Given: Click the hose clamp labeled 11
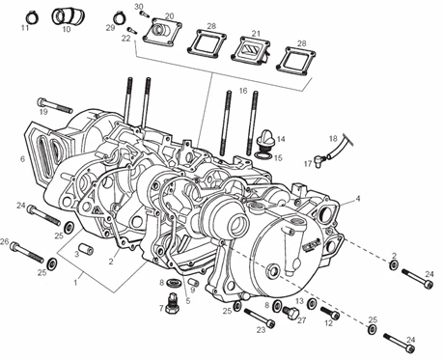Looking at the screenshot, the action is (32, 17).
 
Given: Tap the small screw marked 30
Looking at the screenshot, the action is (143, 14).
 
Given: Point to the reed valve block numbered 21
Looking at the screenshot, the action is (251, 49).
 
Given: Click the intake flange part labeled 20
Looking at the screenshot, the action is (162, 31).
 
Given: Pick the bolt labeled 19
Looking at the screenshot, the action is (55, 104).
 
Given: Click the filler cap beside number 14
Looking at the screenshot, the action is (266, 137).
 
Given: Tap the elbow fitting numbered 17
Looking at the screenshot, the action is (319, 159).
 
